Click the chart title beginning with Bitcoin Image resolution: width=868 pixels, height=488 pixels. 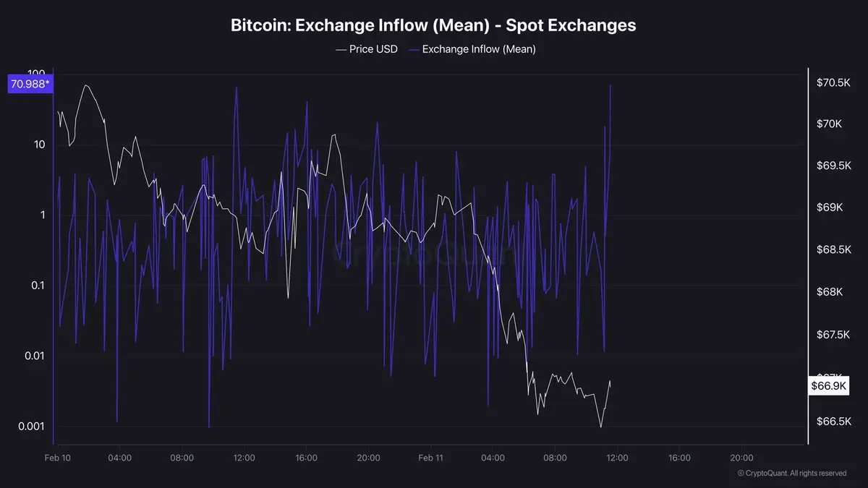click(433, 25)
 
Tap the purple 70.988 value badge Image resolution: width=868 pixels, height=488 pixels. click(30, 85)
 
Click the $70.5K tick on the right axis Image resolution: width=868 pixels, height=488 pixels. click(833, 83)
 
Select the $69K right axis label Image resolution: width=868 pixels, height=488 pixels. click(829, 207)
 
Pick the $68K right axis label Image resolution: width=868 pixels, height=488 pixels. click(829, 291)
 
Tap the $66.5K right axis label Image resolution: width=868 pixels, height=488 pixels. click(833, 421)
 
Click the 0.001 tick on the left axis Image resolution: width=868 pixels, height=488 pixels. click(32, 426)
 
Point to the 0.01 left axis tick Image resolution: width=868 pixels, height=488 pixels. click(34, 356)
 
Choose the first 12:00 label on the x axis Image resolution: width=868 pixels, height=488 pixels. click(244, 458)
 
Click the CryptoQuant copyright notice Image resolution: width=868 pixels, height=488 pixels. click(792, 474)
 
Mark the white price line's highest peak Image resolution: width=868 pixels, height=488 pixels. click(87, 85)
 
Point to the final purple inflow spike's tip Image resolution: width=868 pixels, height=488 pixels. click(611, 85)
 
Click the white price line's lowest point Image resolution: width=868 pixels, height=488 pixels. click(601, 427)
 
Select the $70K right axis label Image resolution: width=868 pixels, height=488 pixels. click(829, 124)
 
